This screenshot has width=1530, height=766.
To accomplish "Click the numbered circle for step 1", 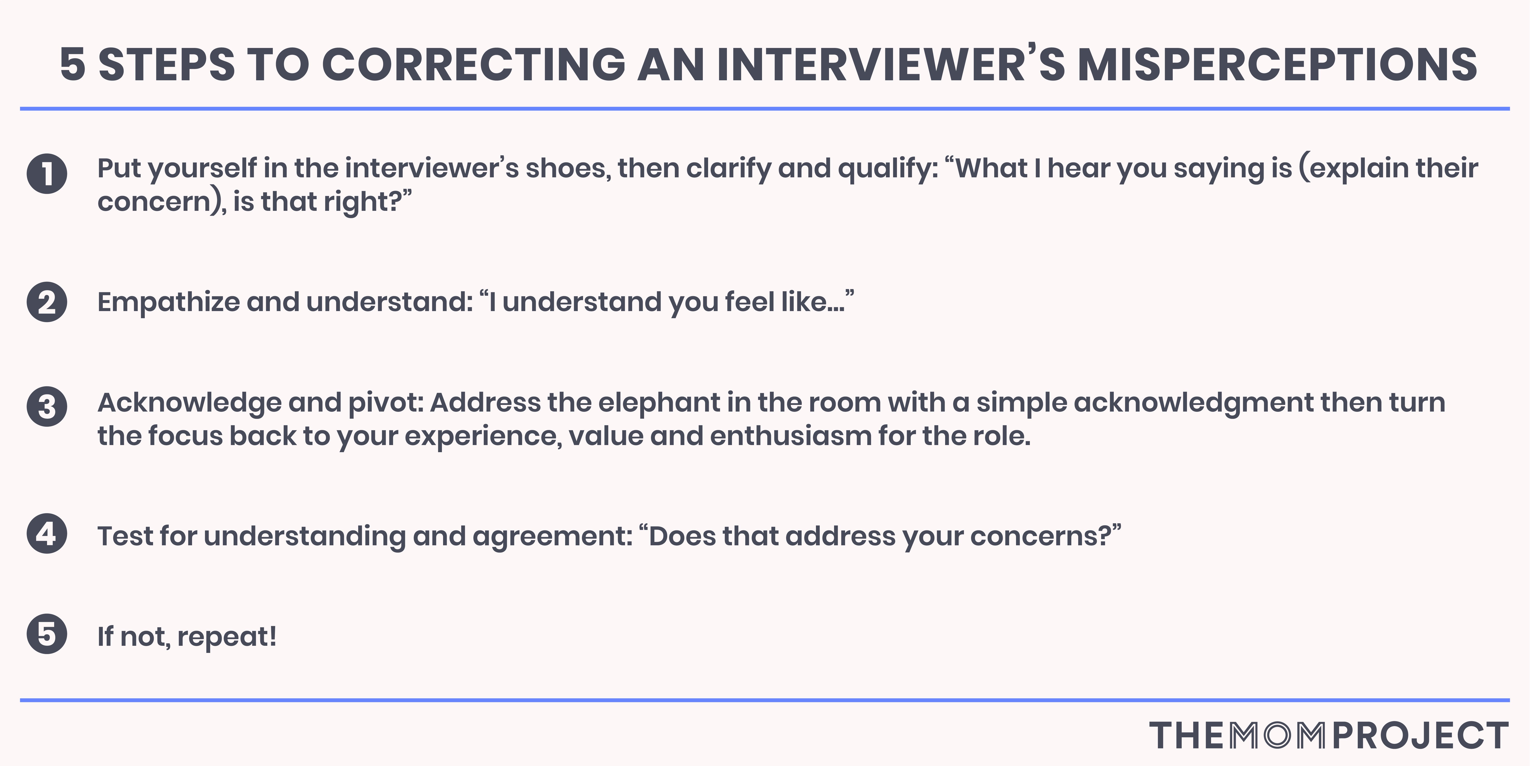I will [x=47, y=173].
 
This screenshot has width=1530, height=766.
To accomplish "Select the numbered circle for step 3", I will [x=47, y=407].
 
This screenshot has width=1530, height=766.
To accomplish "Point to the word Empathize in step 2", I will [x=168, y=302].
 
